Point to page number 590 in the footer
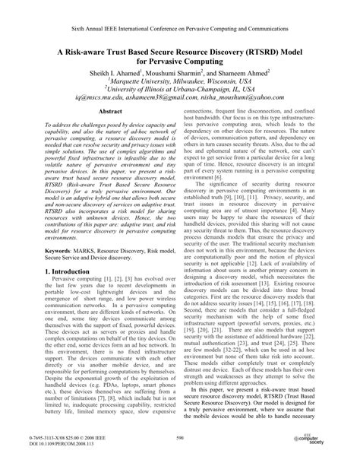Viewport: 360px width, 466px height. coord(180,439)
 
